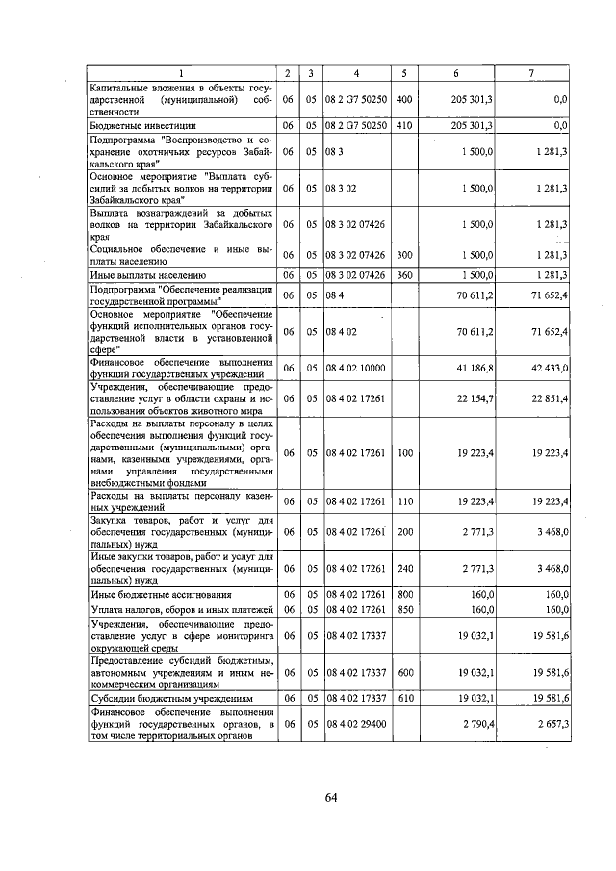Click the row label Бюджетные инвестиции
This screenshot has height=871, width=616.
click(142, 125)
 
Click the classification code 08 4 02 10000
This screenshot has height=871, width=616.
click(356, 369)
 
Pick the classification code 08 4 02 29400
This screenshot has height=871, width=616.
click(356, 722)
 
